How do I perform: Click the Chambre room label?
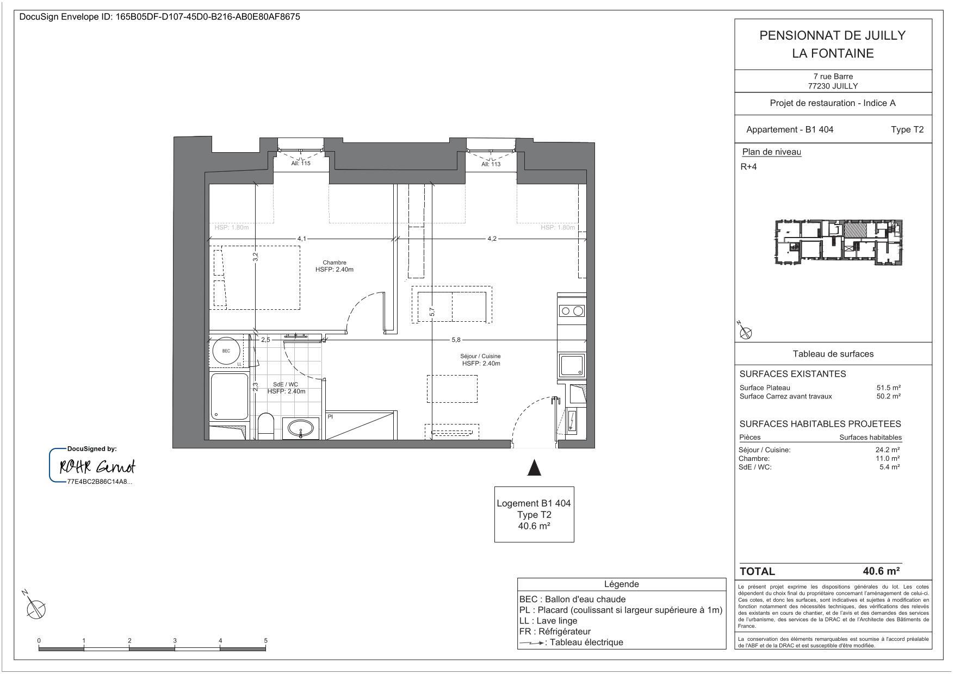(x=334, y=263)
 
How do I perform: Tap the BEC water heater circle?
(x=226, y=351)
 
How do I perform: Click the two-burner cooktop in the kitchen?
(x=572, y=311)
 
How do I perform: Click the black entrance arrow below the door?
(x=534, y=467)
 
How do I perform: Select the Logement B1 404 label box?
(x=534, y=514)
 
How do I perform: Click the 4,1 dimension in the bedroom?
(x=301, y=239)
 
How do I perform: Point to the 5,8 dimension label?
(x=456, y=340)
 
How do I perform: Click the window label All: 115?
(x=301, y=163)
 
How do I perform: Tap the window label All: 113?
(x=491, y=164)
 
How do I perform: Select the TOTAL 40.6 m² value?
(x=881, y=571)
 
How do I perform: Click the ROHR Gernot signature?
(x=97, y=467)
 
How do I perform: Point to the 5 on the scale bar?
(x=265, y=640)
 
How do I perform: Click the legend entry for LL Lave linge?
(x=548, y=621)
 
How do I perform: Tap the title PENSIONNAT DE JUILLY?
(x=832, y=35)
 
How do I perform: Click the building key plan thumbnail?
(x=838, y=242)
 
